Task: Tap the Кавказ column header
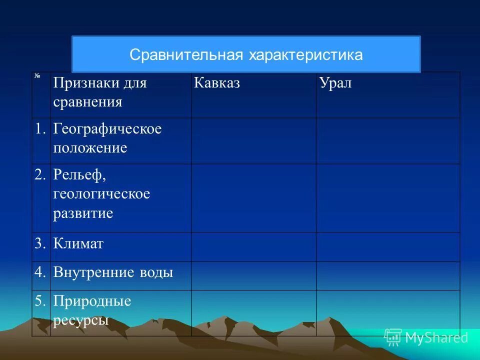coord(216,83)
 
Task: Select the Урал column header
coord(335,83)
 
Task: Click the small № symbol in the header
coord(37,76)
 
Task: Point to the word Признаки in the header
coord(86,83)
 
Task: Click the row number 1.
coord(40,129)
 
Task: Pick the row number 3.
coord(40,244)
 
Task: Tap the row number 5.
coord(40,301)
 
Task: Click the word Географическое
coord(107,129)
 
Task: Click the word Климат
coord(78,244)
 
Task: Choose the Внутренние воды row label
coord(113,273)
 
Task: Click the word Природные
coord(92,301)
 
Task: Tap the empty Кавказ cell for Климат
coord(253,247)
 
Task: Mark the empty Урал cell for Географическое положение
coord(387,141)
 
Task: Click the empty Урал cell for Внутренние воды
coord(387,275)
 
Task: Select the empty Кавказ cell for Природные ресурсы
coord(253,313)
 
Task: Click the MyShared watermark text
coord(436,337)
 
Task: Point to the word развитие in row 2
coord(83,213)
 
